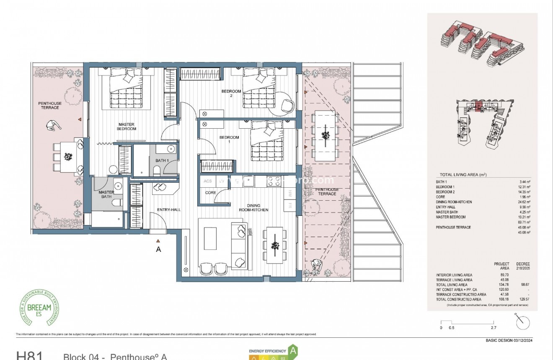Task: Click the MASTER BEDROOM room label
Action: coord(127,126)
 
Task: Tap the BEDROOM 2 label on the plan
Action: coord(231,93)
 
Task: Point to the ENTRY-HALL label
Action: coord(168,210)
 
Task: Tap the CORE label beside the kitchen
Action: coord(210,193)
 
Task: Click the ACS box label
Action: coord(208,181)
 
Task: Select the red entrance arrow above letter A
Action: coord(158,241)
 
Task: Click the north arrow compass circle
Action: coord(523,322)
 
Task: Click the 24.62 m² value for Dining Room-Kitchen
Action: coord(525,202)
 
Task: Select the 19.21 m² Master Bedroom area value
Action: coord(525,217)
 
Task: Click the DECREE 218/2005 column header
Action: coord(523,266)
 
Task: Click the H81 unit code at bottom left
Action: coord(29,356)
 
